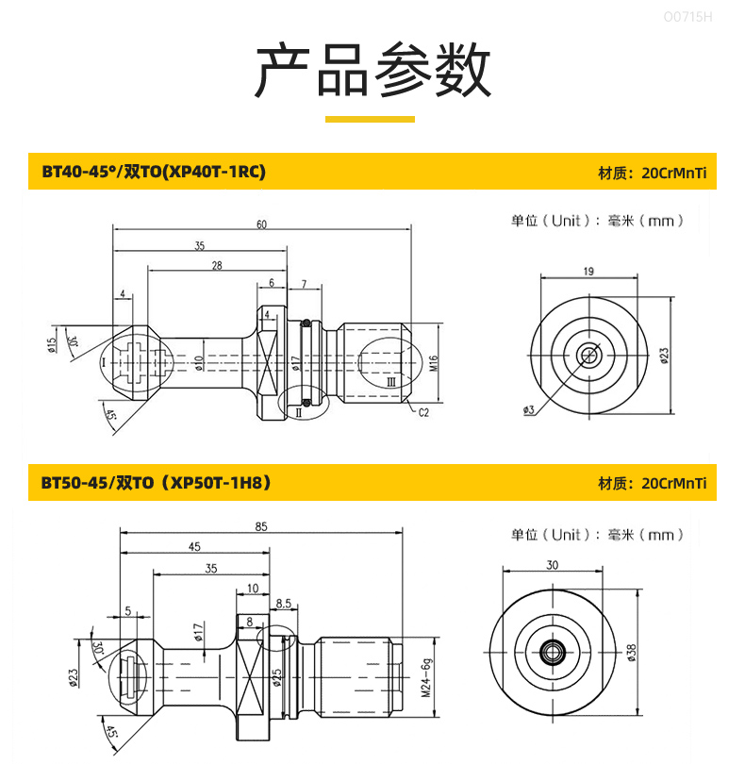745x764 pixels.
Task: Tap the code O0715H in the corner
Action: (688, 16)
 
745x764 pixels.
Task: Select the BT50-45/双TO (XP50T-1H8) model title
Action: (156, 483)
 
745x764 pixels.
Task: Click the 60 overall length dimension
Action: (261, 224)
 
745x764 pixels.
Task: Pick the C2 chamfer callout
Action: (423, 412)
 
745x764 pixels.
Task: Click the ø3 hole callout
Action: (529, 409)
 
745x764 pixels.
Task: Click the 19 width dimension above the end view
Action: (588, 272)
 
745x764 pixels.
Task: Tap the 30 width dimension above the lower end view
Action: (552, 565)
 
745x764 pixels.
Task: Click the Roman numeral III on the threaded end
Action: (390, 383)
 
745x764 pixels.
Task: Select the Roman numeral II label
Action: (298, 412)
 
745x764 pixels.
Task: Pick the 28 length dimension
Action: (217, 266)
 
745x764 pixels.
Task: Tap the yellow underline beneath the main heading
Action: (370, 119)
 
